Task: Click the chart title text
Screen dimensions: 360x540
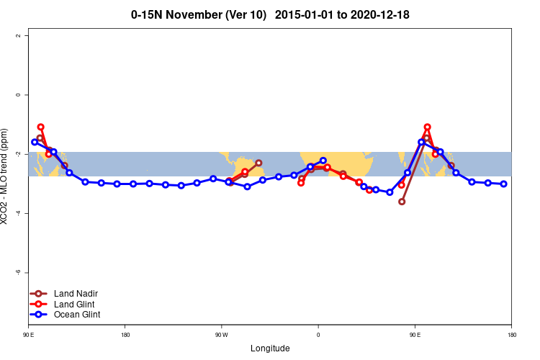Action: coord(270,14)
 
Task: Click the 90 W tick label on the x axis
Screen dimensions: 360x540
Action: coord(221,335)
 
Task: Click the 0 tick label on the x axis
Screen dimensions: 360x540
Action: coord(318,335)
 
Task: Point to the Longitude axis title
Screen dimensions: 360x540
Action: coord(270,348)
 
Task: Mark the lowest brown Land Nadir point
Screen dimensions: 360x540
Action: coord(402,202)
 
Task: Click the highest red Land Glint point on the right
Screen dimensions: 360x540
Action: coord(427,127)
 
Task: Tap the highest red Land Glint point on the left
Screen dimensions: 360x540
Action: coord(41,127)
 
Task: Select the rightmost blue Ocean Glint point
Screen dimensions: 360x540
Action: coord(504,184)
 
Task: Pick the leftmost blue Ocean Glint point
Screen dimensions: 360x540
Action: coord(35,142)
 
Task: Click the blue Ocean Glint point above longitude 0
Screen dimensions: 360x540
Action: coord(323,161)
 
